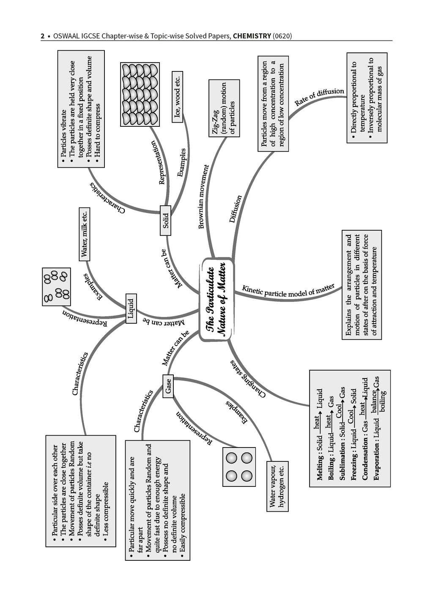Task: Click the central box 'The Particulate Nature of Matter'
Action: tap(216, 299)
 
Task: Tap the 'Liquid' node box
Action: tap(131, 308)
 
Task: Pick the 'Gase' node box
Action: tap(168, 386)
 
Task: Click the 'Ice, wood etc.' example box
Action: tap(177, 96)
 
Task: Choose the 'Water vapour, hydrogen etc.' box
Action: tap(277, 486)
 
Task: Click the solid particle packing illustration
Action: tap(140, 94)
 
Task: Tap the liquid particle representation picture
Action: tap(56, 287)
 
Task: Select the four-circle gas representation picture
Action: tap(239, 467)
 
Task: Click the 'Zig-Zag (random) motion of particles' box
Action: tap(224, 108)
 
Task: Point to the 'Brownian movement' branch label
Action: tap(204, 197)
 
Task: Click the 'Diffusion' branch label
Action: tap(235, 209)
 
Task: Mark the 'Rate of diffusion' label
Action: tap(319, 97)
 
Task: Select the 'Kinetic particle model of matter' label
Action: tap(288, 291)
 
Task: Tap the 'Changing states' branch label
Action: tap(248, 379)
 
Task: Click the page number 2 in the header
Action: tap(42, 36)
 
